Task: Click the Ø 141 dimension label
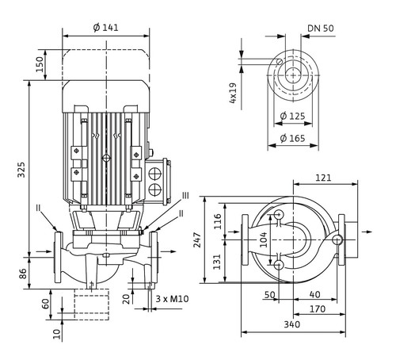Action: click(106, 28)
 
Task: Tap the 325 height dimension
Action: click(21, 170)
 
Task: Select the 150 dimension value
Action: click(40, 64)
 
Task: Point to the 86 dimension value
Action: click(22, 274)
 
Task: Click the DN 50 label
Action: click(321, 29)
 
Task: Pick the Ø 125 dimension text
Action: click(292, 116)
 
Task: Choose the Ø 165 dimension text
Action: click(292, 138)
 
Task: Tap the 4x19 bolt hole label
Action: click(233, 93)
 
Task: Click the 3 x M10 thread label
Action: click(172, 299)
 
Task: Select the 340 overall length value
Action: click(292, 324)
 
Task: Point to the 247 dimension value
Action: click(197, 239)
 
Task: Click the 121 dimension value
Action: click(323, 178)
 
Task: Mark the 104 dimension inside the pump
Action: click(263, 239)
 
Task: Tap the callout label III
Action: click(185, 196)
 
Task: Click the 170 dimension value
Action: click(318, 309)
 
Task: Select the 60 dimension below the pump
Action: click(46, 304)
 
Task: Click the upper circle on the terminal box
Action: click(155, 174)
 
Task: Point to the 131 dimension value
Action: click(217, 262)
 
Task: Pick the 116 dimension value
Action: click(217, 221)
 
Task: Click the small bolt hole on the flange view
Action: click(280, 61)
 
